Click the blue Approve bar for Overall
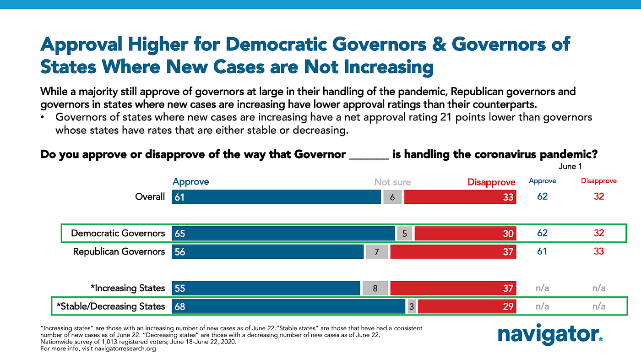[x=276, y=196]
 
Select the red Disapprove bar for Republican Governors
[x=453, y=251]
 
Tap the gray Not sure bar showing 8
[x=375, y=288]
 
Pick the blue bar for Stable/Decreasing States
[x=288, y=306]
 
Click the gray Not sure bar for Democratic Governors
[x=405, y=233]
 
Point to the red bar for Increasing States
[x=453, y=288]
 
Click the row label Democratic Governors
[x=118, y=233]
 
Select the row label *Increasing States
[x=128, y=288]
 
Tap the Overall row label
[x=150, y=196]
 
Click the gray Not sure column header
[x=392, y=182]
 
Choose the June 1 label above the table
[x=570, y=167]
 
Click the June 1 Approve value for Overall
[x=542, y=196]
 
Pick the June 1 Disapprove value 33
[x=598, y=251]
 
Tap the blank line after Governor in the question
[x=369, y=154]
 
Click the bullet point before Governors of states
[x=43, y=118]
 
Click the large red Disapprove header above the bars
[x=491, y=182]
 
